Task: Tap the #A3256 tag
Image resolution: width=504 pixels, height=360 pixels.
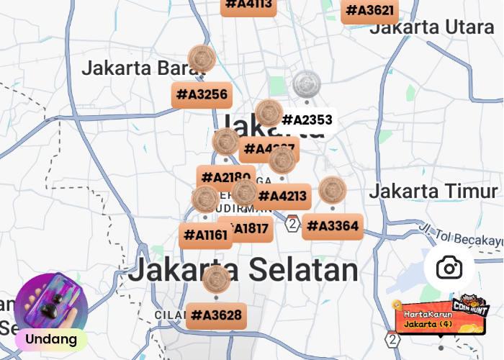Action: tap(202, 95)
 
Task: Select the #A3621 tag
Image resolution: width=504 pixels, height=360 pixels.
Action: tap(370, 11)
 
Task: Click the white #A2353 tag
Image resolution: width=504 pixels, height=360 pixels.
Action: tap(307, 120)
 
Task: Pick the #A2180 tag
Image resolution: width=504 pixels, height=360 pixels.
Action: tap(225, 177)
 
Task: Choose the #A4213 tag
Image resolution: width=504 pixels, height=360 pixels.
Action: tap(282, 196)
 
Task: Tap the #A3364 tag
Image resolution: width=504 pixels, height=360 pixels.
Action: tap(332, 226)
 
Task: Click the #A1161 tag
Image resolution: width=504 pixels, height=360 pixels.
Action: tap(205, 235)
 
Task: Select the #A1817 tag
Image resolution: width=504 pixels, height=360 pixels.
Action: tap(250, 229)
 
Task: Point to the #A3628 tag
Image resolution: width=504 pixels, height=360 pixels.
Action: tap(216, 315)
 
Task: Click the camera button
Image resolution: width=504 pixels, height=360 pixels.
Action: tap(449, 269)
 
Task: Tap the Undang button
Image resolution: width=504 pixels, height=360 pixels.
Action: tap(51, 338)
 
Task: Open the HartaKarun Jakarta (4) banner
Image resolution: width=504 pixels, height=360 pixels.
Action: tap(438, 318)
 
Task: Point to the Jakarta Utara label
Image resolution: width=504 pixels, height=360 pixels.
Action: tap(432, 27)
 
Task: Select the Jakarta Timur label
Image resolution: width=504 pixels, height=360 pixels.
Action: tap(433, 192)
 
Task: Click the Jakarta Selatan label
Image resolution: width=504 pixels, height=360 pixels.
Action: tap(243, 270)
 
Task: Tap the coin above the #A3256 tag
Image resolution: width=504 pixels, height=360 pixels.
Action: tap(202, 58)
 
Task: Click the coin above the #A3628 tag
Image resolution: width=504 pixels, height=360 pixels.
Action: tap(216, 279)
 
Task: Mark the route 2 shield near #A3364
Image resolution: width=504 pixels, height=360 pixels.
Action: tap(292, 224)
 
